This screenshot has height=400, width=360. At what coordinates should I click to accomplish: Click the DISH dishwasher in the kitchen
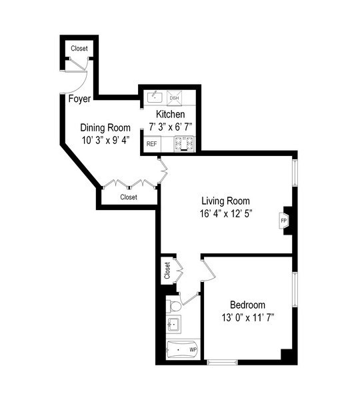coord(174,99)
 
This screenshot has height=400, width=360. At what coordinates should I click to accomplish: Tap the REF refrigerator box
coord(152,143)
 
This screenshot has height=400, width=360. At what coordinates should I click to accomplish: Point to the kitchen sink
coord(154,98)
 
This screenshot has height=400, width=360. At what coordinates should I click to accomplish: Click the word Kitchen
coord(170,115)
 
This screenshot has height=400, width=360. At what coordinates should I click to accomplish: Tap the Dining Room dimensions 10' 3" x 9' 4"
coord(105,141)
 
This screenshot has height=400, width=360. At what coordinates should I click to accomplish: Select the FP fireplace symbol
coord(283,220)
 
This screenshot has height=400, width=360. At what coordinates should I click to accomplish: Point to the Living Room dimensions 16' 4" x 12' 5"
coord(226,215)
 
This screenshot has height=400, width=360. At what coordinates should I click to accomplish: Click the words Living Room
coord(226,201)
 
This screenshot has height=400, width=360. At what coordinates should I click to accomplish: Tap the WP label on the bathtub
coord(193,349)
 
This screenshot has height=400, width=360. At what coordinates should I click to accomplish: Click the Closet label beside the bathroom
coord(166,270)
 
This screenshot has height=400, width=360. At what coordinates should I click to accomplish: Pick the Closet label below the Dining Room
coord(128,197)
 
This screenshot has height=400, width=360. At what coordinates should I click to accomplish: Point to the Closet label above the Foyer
coord(79,49)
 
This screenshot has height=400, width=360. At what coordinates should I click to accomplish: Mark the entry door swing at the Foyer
coord(77,80)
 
